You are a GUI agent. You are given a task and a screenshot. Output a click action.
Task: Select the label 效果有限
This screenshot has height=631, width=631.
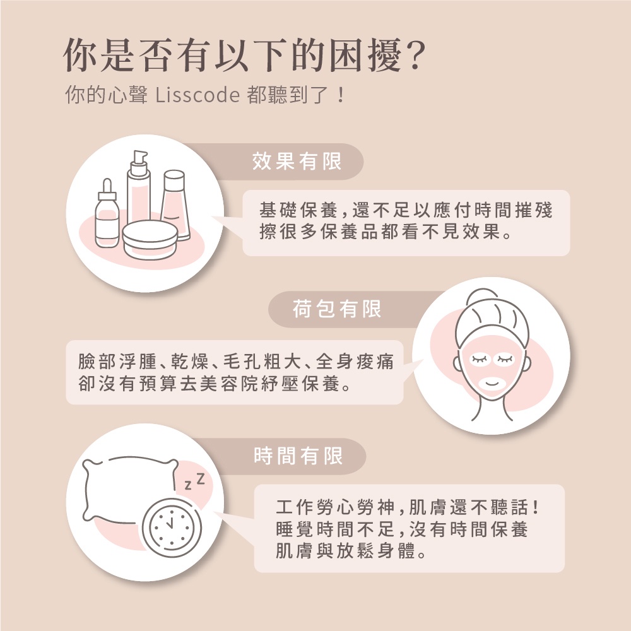pos(297,162)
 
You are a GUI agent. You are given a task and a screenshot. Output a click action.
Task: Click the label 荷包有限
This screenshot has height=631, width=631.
pos(337,309)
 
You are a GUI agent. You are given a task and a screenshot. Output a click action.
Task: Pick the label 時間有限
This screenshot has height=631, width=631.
pos(298,455)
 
